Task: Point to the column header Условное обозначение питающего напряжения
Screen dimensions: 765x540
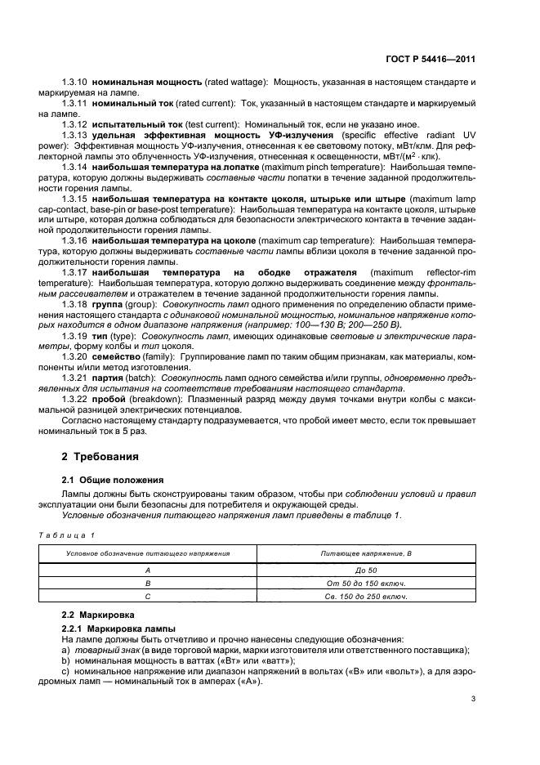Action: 148,552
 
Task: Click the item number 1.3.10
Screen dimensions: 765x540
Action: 74,83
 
